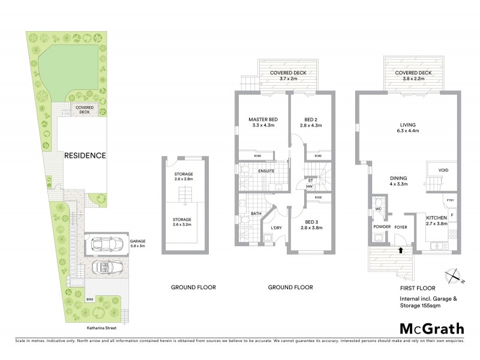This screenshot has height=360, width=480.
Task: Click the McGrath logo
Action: (431, 328)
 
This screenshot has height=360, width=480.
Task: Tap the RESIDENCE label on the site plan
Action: (86, 155)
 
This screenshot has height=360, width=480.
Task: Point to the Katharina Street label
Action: (101, 328)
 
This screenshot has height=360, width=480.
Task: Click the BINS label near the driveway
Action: (90, 298)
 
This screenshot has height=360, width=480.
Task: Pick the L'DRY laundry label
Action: (276, 227)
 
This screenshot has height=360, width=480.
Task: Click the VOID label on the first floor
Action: (443, 170)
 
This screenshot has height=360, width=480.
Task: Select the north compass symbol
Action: (453, 277)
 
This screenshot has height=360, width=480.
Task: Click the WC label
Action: (378, 209)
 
